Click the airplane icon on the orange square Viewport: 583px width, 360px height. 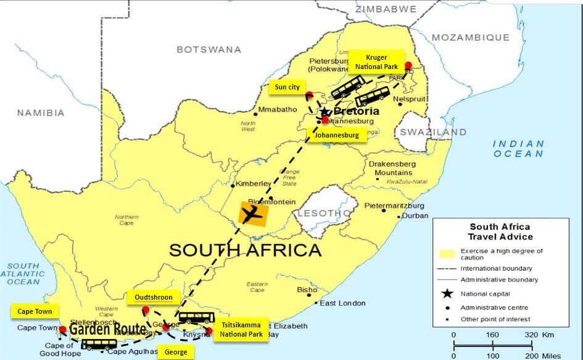[x=252, y=215]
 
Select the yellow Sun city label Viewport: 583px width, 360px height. [x=287, y=88]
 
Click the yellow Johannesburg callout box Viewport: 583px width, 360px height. [x=337, y=136]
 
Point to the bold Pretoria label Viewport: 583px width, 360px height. [x=357, y=112]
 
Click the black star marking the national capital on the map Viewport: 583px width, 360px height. [x=325, y=112]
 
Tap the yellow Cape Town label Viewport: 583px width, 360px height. [x=35, y=311]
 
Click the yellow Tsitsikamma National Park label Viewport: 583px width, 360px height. [x=241, y=330]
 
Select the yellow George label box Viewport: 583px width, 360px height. [x=175, y=352]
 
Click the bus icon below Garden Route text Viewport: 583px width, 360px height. [x=99, y=343]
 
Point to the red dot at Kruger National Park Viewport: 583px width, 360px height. [x=408, y=65]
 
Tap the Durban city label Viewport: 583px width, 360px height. [x=415, y=216]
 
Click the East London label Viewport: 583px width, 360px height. [x=342, y=303]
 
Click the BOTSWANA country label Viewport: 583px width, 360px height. [x=209, y=49]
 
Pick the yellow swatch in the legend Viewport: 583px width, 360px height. [x=448, y=254]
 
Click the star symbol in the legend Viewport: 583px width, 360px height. [x=448, y=293]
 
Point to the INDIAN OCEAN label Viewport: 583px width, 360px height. [x=518, y=149]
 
